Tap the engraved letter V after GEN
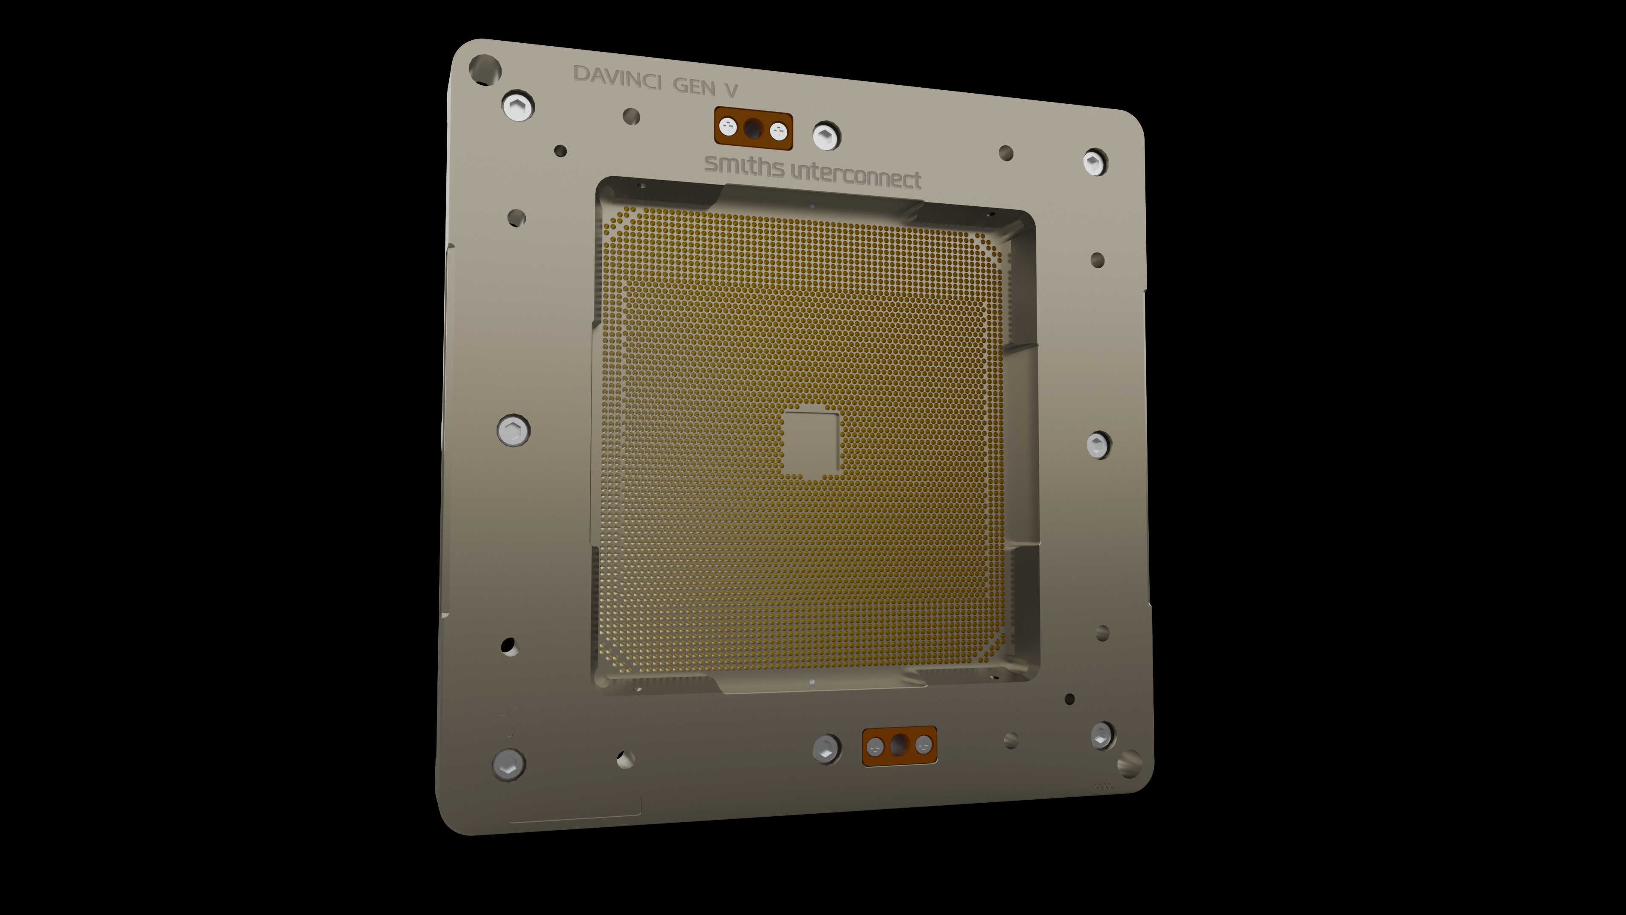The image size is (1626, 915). pyautogui.click(x=731, y=90)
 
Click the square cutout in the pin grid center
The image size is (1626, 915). pyautogui.click(x=811, y=443)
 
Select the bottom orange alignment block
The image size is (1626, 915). pyautogui.click(x=899, y=746)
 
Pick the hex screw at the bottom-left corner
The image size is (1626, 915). pyautogui.click(x=508, y=765)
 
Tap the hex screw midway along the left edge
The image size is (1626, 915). pyautogui.click(x=513, y=431)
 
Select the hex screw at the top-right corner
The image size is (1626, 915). pyautogui.click(x=1095, y=162)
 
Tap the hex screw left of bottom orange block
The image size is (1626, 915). pyautogui.click(x=826, y=749)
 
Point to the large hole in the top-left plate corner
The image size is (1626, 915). pyautogui.click(x=485, y=69)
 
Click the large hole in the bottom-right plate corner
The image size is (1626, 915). pyautogui.click(x=1129, y=763)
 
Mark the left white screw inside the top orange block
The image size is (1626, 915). pyautogui.click(x=728, y=127)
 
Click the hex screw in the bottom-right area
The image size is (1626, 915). pyautogui.click(x=1102, y=735)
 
